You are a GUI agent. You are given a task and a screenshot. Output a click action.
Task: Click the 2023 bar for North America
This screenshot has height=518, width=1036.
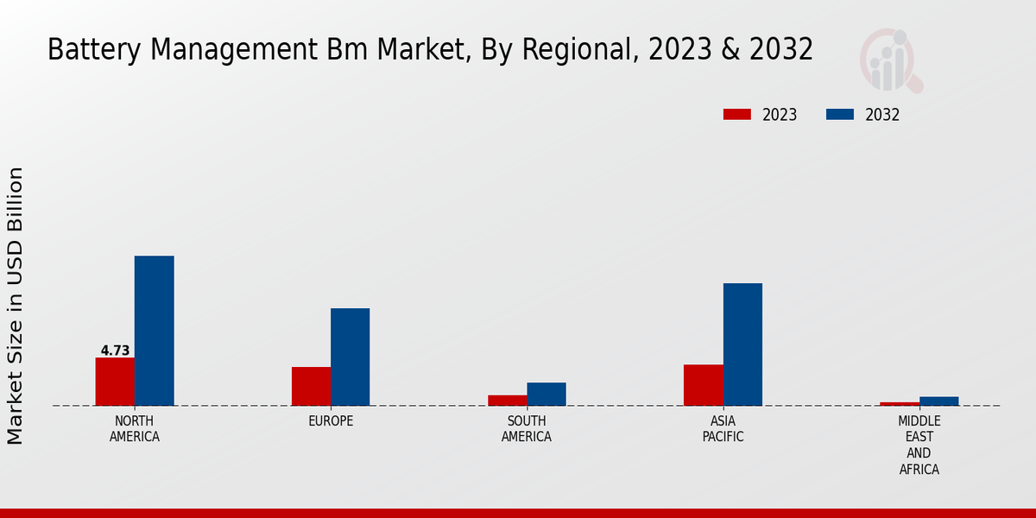pyautogui.click(x=115, y=382)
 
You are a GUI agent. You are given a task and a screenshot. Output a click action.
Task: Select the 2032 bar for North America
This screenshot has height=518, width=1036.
pyautogui.click(x=154, y=331)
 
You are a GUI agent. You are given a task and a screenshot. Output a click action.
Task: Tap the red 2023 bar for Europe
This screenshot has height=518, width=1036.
pyautogui.click(x=311, y=386)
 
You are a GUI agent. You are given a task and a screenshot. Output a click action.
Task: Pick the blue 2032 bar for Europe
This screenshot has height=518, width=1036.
pyautogui.click(x=350, y=357)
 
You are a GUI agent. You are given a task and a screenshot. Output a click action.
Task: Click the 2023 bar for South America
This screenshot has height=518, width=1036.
pyautogui.click(x=507, y=401)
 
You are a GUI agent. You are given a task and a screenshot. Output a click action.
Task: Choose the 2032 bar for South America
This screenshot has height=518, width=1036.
pyautogui.click(x=546, y=394)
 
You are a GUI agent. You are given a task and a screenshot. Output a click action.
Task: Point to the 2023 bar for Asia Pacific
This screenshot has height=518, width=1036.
pyautogui.click(x=703, y=385)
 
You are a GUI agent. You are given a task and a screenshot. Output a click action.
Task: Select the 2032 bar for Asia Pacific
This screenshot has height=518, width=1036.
pyautogui.click(x=742, y=344)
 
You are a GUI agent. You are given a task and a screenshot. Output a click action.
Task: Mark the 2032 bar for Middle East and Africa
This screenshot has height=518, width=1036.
pyautogui.click(x=938, y=401)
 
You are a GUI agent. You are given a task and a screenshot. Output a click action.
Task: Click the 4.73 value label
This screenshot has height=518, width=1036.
pyautogui.click(x=115, y=351)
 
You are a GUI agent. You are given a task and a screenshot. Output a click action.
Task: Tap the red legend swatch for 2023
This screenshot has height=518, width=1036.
pyautogui.click(x=737, y=115)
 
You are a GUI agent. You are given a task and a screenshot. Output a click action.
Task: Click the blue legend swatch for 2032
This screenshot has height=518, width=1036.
pyautogui.click(x=840, y=115)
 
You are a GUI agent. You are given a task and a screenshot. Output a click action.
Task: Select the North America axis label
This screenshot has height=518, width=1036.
pyautogui.click(x=135, y=429)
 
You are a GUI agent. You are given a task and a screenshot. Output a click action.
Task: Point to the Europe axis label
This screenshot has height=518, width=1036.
pyautogui.click(x=331, y=421)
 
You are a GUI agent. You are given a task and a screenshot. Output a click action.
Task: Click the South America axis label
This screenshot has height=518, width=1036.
pyautogui.click(x=527, y=429)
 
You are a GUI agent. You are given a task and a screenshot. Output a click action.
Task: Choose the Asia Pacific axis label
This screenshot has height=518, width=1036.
pyautogui.click(x=723, y=429)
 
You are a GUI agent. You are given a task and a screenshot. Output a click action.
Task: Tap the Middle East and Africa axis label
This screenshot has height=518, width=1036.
pyautogui.click(x=919, y=445)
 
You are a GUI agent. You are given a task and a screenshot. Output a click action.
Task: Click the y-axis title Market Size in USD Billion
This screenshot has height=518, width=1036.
pyautogui.click(x=16, y=306)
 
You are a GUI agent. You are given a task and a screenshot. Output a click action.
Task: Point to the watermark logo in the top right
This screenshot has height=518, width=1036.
pyautogui.click(x=890, y=60)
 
